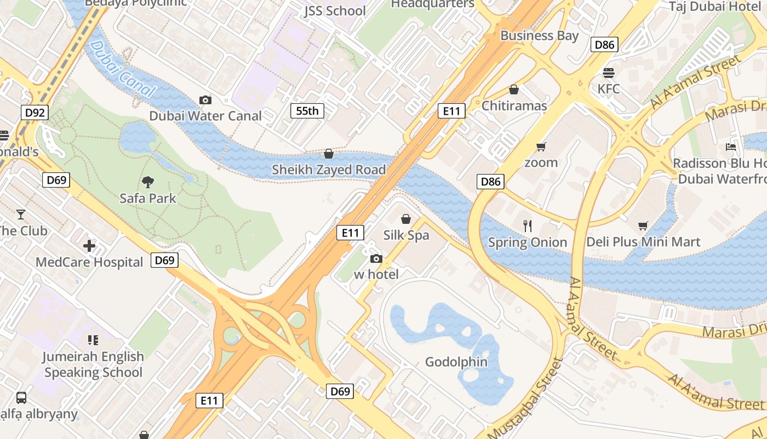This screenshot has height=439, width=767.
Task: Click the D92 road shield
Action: click(36, 113)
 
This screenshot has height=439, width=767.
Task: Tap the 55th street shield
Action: click(307, 111)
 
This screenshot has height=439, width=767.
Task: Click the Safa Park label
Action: click(148, 198)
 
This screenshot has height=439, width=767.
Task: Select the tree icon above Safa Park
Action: click(148, 182)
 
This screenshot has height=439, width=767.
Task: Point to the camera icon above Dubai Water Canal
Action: click(205, 100)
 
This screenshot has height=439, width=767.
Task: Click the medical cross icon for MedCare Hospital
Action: click(89, 246)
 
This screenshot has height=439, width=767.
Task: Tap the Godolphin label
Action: click(456, 362)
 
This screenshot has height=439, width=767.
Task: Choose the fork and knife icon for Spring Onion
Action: click(528, 226)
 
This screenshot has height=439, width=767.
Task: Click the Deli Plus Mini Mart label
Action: click(643, 242)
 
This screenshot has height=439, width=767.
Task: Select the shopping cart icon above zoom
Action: click(541, 147)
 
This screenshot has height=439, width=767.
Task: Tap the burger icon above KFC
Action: click(608, 72)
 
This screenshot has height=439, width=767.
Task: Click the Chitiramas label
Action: click(514, 106)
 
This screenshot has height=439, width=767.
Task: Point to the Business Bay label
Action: click(539, 36)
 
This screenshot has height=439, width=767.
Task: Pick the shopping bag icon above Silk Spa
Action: click(406, 219)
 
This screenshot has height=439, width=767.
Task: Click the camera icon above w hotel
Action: click(376, 258)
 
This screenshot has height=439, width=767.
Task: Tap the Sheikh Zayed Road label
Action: click(329, 170)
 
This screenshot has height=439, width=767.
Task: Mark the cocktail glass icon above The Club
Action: click(21, 214)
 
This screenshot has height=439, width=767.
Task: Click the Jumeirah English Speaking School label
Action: click(93, 364)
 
